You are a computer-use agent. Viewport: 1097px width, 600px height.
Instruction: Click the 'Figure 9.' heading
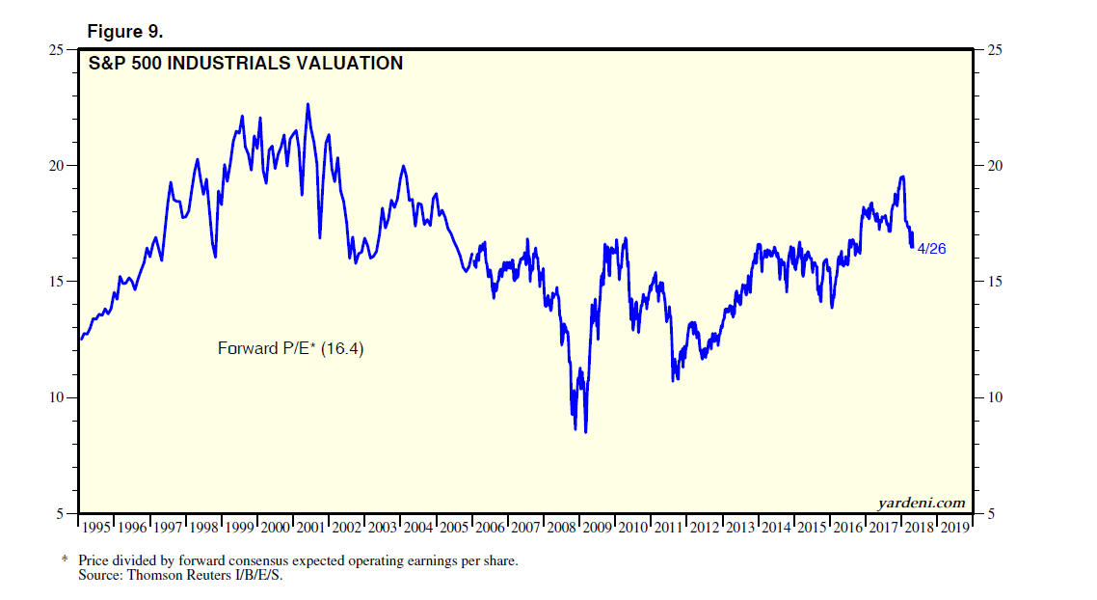[125, 31]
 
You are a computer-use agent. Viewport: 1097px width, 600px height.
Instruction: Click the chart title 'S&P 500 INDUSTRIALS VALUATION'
[246, 65]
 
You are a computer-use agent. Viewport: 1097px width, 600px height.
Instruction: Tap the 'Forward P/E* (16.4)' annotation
[291, 348]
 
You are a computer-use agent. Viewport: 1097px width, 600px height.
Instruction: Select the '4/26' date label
[931, 248]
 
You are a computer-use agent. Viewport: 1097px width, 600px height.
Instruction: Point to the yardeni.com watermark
[921, 503]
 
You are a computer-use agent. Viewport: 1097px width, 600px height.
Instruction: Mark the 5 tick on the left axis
[61, 514]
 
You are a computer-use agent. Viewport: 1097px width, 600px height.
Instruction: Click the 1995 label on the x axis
[97, 528]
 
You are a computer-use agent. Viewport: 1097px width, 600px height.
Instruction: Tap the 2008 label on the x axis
[562, 528]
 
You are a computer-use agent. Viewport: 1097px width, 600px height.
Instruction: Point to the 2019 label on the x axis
[955, 528]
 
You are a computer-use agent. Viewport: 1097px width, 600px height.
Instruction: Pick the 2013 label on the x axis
[740, 528]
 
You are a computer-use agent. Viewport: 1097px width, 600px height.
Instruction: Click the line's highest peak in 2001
[308, 104]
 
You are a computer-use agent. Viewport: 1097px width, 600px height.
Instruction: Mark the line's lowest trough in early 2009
[585, 432]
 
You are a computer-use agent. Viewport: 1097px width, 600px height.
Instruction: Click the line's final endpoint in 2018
[912, 247]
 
